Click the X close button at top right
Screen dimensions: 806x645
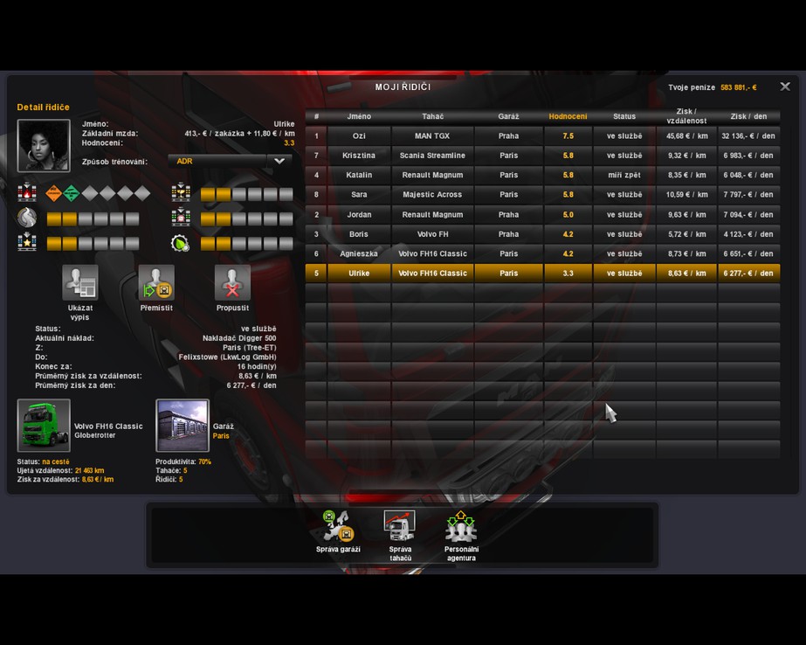[785, 87]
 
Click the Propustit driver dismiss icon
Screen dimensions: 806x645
[232, 283]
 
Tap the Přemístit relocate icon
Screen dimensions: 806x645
[156, 283]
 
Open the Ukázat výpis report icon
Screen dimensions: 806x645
[80, 283]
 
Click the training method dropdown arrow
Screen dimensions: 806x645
[279, 161]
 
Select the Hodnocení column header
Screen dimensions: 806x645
[568, 116]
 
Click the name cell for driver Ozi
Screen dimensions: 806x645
[359, 135]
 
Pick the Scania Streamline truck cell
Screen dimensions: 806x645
[432, 156]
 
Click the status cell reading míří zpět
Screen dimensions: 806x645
[624, 175]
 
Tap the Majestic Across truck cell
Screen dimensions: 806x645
[432, 194]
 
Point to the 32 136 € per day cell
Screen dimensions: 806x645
[748, 135]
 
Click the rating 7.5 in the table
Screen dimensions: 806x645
[568, 135]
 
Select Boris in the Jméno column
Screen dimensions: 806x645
[359, 234]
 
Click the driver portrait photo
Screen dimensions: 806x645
[44, 146]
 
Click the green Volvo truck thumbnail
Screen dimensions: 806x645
[44, 426]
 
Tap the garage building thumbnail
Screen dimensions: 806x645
[183, 426]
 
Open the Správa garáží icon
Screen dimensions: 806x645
[338, 525]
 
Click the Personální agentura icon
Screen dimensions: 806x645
[460, 525]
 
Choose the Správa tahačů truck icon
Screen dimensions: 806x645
[400, 525]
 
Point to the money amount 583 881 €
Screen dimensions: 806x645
[738, 87]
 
